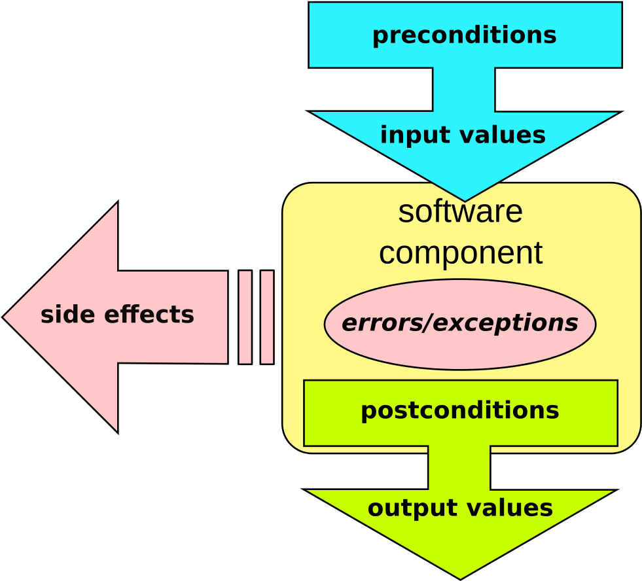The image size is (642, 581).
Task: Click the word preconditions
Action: click(x=464, y=35)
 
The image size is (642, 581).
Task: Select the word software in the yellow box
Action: click(x=460, y=212)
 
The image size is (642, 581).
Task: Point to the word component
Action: click(x=460, y=253)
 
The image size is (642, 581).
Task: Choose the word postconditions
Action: click(x=459, y=411)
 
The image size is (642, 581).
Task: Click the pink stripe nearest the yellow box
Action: click(x=266, y=317)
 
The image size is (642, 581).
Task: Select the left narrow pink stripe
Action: click(x=245, y=317)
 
